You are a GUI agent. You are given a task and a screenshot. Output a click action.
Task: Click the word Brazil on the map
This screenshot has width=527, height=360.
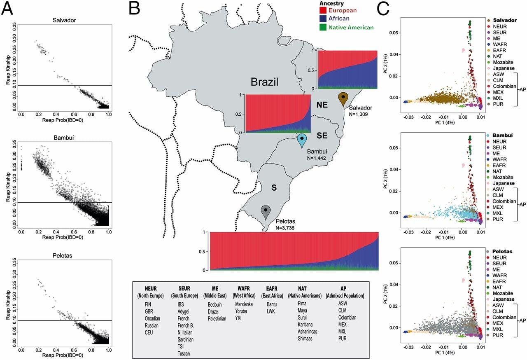[x=264, y=82]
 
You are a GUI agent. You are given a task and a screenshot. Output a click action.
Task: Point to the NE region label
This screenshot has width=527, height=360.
[x=322, y=105]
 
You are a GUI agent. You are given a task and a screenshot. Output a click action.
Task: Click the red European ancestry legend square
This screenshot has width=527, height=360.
[x=322, y=10]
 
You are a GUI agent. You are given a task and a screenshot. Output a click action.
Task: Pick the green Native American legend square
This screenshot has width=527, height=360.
[x=322, y=27]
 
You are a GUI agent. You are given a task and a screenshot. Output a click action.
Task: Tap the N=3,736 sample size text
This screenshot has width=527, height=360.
[x=285, y=228]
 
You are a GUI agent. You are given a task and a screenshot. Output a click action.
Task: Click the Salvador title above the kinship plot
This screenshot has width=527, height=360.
[x=64, y=20]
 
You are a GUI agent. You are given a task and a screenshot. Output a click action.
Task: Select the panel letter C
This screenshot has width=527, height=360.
[x=383, y=9]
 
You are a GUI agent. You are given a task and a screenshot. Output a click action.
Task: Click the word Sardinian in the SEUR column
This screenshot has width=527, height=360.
[x=185, y=339]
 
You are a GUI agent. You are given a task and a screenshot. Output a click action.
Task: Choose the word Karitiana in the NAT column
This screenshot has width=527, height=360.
[x=305, y=325]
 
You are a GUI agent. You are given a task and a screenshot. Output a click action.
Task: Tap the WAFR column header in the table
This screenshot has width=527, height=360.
[x=243, y=288]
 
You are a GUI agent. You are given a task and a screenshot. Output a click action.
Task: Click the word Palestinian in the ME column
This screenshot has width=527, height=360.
[x=217, y=318]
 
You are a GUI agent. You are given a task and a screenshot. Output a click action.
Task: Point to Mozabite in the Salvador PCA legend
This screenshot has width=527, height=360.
[x=503, y=62]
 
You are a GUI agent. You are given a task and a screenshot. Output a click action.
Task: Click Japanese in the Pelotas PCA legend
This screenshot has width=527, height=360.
[x=504, y=299]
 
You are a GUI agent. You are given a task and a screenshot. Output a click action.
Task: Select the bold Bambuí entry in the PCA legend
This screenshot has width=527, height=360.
[x=502, y=135]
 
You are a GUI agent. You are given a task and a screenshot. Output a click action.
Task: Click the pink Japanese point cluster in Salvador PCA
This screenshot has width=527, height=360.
[x=463, y=50]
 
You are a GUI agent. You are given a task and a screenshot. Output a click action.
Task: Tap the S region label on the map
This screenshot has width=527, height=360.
[x=274, y=187]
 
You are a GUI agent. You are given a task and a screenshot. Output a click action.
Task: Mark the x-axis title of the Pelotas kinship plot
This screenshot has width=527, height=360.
[x=63, y=355]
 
